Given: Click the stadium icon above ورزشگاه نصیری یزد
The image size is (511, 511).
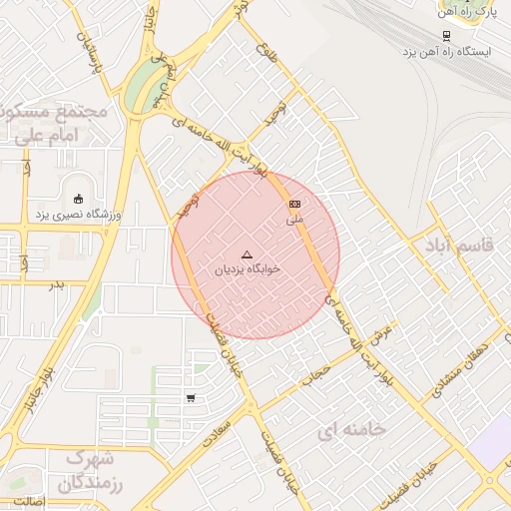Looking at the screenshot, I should [x=79, y=197].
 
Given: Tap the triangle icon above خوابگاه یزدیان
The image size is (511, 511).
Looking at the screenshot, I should [x=248, y=254].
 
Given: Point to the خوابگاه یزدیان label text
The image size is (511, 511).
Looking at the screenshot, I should [x=248, y=269].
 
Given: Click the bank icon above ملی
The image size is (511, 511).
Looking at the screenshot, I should [x=294, y=204].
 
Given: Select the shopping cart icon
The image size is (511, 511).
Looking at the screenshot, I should [x=191, y=398].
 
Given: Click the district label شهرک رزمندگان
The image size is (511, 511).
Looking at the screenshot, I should [x=89, y=472].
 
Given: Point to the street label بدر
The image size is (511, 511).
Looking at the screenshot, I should [x=56, y=284].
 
